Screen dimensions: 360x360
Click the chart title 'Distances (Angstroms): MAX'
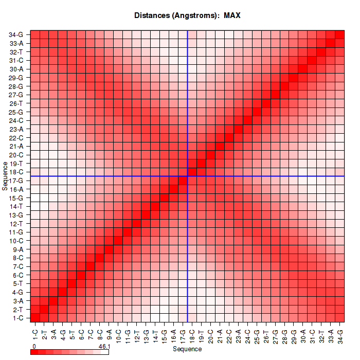187,15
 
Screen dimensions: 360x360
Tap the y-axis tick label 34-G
16,34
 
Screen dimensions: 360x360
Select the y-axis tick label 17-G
16,181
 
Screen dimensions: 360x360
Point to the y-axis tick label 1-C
16,318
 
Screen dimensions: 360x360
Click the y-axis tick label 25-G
16,112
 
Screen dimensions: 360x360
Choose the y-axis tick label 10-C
16,241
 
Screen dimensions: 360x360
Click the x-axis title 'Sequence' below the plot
187,349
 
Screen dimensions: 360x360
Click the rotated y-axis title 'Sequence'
5,176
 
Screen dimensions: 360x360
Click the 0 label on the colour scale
33,347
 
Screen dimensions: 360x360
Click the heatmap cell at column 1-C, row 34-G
35,34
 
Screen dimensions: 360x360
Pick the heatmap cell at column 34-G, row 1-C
340,318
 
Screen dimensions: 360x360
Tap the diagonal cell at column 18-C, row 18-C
192,172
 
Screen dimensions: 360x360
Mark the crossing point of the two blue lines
188,176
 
